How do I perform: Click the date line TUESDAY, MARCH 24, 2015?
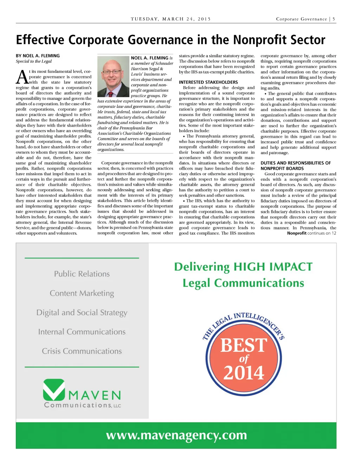coord(171,19)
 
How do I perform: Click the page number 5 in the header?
coord(334,19)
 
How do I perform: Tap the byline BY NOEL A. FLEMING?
coord(38,56)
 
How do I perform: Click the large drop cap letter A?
coord(22,77)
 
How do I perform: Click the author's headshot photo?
coord(113,76)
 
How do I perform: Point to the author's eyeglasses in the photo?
coord(111,72)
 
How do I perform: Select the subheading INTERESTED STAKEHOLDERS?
coord(208,82)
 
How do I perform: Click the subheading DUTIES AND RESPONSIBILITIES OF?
coord(295,163)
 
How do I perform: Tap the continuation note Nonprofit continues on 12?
coord(311,233)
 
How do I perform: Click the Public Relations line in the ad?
coord(82,274)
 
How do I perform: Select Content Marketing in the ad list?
coord(82,293)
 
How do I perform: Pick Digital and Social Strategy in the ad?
coord(82,312)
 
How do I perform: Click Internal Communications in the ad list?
coord(82,332)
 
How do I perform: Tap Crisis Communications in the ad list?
coord(82,351)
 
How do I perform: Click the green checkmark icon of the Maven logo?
coord(54,389)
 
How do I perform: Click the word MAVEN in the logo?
coord(95,395)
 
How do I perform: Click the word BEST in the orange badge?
coord(244,345)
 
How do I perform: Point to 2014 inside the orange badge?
coord(244,373)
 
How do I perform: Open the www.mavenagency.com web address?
coord(176,435)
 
